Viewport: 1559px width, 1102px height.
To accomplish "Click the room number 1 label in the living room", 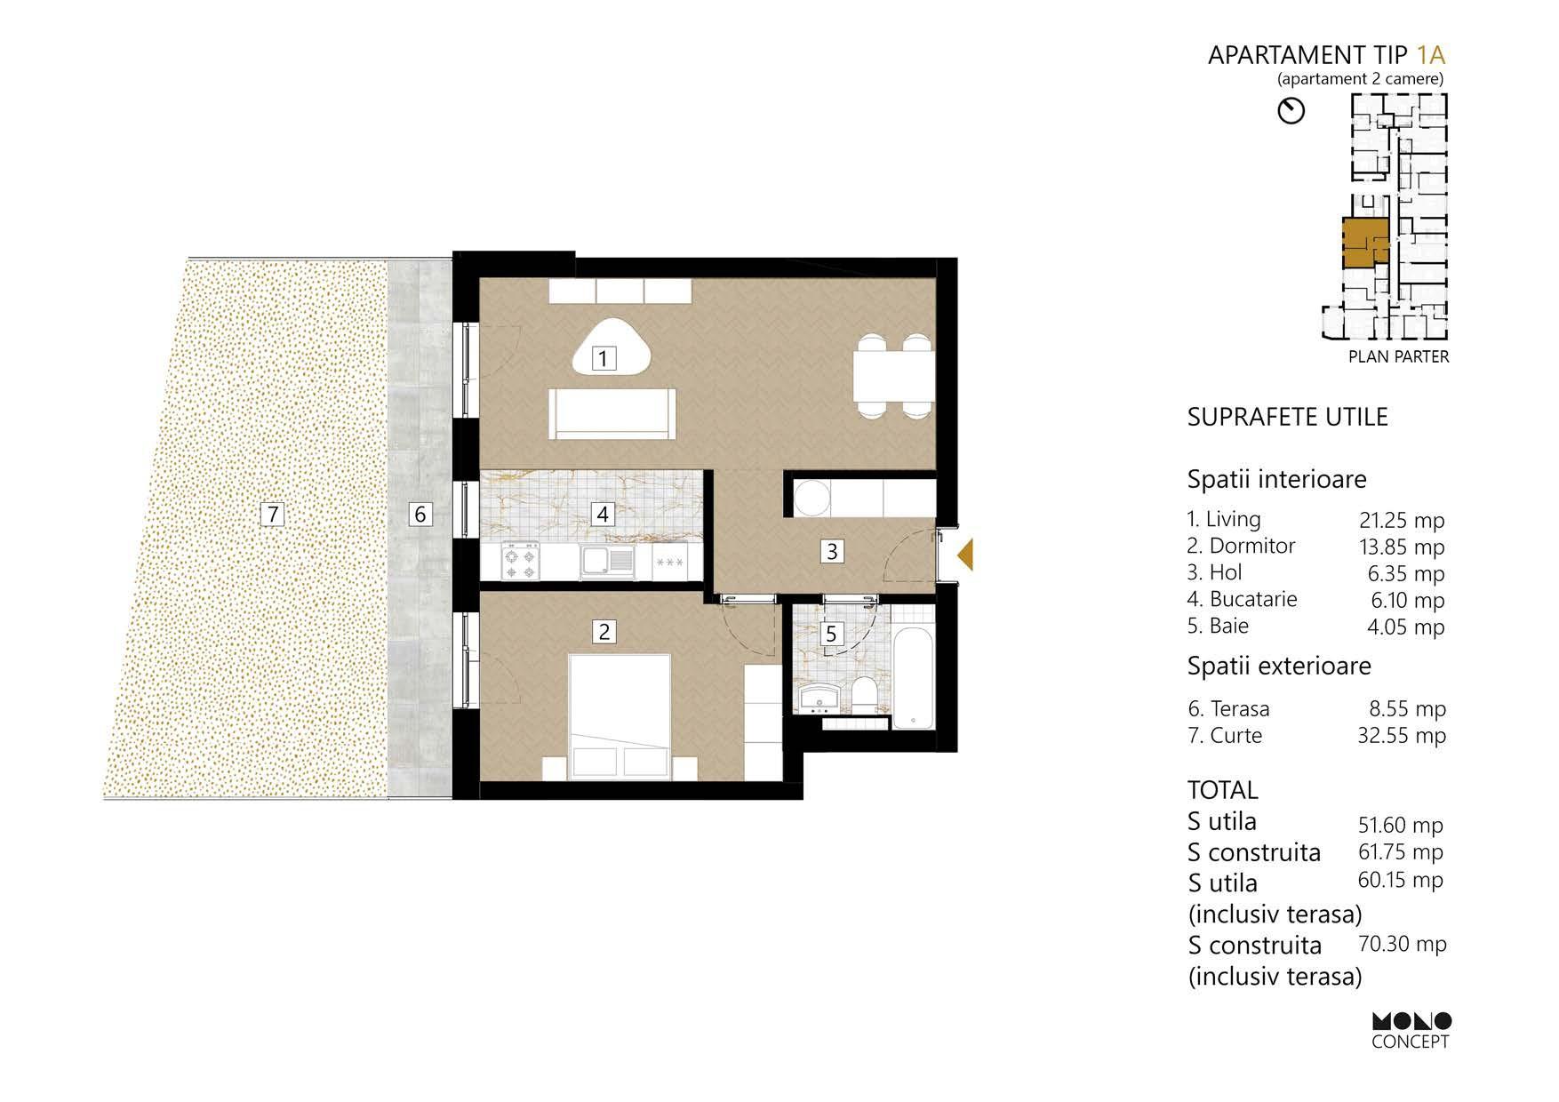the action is [604, 358].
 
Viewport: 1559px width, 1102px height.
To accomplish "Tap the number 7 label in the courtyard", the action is [273, 513].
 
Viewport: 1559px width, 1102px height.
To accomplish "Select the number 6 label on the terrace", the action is [420, 513].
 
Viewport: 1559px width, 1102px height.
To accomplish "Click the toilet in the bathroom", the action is [863, 694].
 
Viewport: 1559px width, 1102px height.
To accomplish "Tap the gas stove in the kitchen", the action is [520, 561].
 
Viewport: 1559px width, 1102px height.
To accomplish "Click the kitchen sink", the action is [608, 561].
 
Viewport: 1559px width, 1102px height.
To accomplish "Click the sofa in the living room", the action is [613, 413].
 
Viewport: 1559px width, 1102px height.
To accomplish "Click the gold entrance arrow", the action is [965, 555].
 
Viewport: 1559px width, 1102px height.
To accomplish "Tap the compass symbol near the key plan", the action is [1291, 111].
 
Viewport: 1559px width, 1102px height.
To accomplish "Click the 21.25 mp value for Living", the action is [1402, 521].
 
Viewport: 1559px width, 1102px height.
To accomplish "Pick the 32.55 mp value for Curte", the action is [1402, 736].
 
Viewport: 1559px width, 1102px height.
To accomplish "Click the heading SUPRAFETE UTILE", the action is [1287, 417].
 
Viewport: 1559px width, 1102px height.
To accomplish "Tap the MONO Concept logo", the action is [1411, 1031].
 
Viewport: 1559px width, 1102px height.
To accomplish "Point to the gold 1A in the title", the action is [1431, 55].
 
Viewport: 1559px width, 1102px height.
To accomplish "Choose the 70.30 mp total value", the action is [1403, 944].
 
